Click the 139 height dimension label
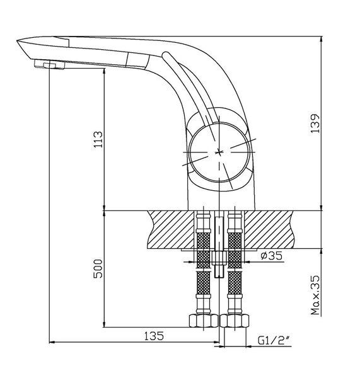(315, 123)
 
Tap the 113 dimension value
(98, 139)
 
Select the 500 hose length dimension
(98, 268)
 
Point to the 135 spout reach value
(154, 336)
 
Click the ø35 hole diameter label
(271, 256)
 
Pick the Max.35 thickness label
(315, 295)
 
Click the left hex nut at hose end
(204, 321)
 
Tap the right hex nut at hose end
(235, 321)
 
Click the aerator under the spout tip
(49, 65)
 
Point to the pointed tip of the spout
(17, 41)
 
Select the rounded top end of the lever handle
(166, 54)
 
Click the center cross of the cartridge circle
(219, 152)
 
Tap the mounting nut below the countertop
(219, 258)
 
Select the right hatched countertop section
(270, 229)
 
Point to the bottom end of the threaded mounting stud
(219, 277)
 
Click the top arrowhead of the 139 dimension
(321, 39)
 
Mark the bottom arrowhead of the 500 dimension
(104, 324)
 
